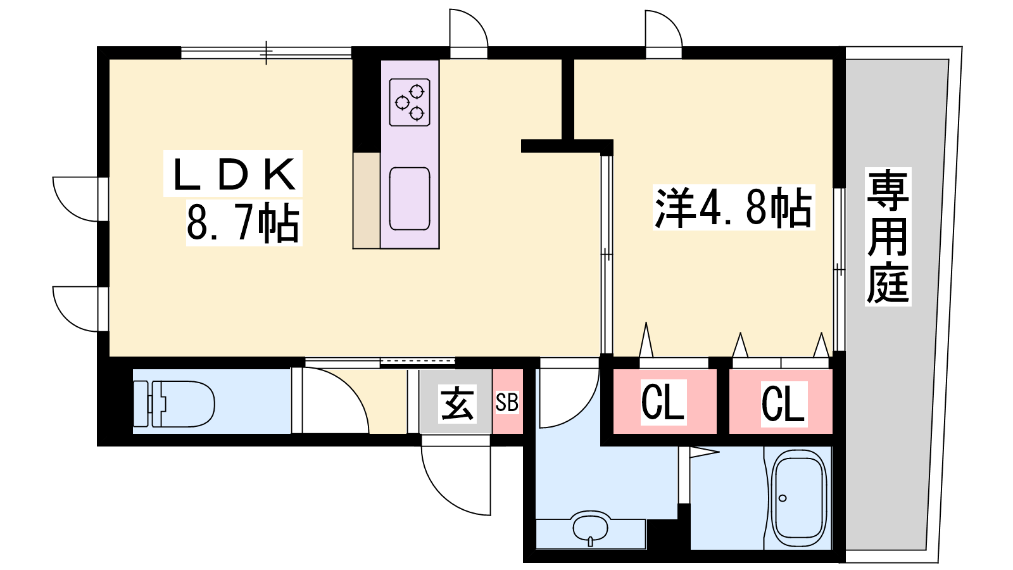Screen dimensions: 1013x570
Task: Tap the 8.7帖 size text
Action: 243,223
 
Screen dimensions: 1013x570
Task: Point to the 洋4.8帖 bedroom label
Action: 733,208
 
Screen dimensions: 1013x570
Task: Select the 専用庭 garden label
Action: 888,236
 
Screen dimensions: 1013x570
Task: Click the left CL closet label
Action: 663,402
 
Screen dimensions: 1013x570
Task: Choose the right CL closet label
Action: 784,404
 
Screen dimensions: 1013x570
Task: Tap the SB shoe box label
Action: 507,402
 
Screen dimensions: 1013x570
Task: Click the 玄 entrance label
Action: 457,403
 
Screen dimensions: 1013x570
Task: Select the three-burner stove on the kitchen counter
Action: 410,102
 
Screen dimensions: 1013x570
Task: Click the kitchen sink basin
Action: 410,199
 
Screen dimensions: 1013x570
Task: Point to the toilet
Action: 174,403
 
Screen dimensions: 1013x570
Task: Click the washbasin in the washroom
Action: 591,528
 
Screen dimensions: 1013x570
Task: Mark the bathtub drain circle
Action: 783,498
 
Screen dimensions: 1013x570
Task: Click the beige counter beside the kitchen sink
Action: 367,200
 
